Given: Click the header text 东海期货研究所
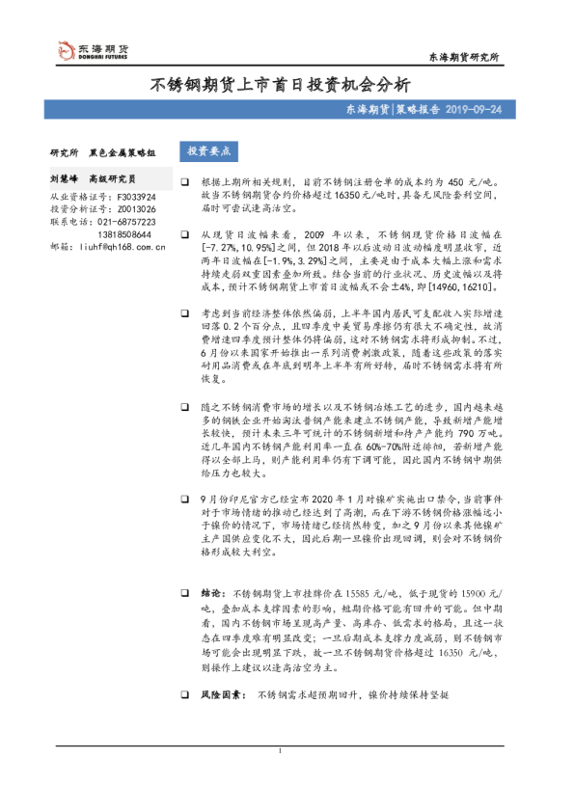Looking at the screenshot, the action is [464, 58].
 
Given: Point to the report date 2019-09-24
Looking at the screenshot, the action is [474, 111].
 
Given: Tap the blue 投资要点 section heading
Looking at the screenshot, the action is [208, 150].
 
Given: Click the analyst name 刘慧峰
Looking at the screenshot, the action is [66, 179].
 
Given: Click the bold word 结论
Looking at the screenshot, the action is [211, 595].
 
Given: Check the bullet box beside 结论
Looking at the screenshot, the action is [184, 595].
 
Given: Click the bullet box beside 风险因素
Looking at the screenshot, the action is [184, 693].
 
